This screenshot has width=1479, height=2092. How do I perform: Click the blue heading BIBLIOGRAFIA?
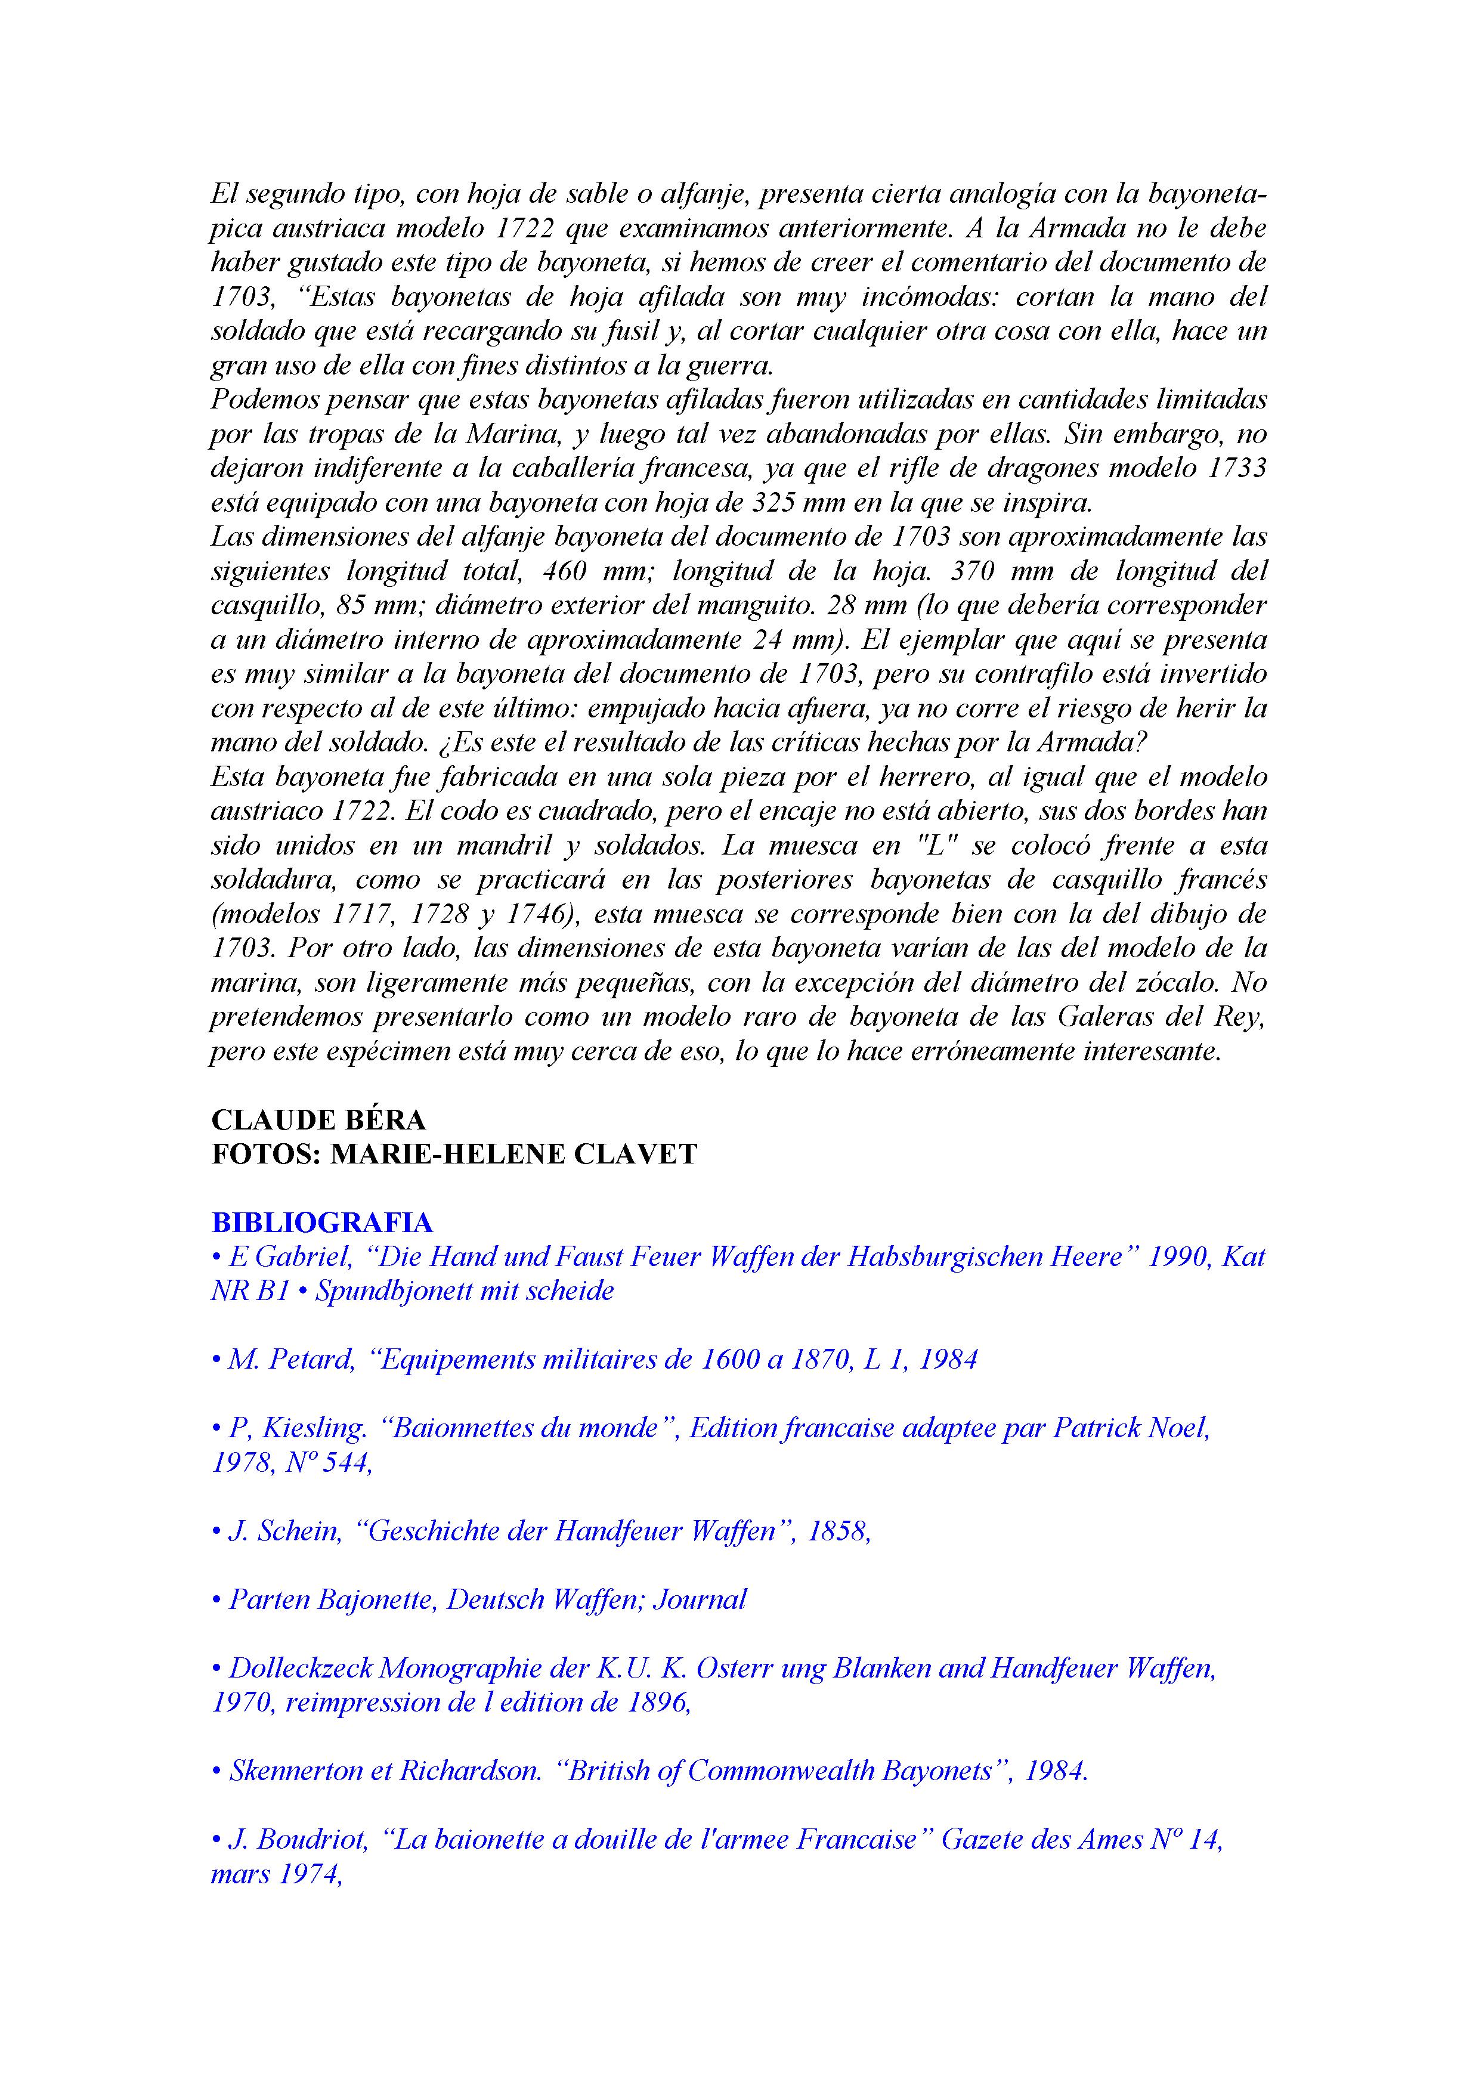tap(321, 1222)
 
